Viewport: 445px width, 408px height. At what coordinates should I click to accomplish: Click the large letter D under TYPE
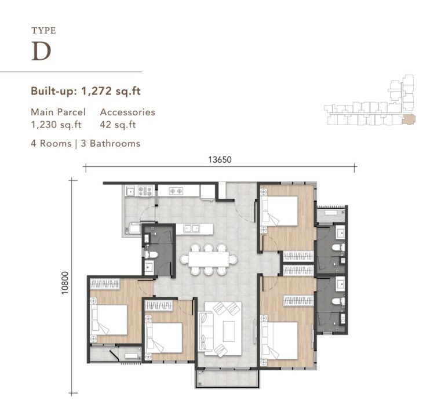click(x=41, y=52)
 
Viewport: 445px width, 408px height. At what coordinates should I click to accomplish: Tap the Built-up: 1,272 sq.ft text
click(x=86, y=91)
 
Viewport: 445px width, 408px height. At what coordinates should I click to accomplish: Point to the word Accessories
click(x=127, y=112)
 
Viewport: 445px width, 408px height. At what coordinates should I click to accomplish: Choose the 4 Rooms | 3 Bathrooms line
click(x=86, y=143)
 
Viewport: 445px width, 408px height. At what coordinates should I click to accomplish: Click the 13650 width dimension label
click(x=220, y=161)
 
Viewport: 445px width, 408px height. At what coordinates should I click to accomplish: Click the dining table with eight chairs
click(x=209, y=259)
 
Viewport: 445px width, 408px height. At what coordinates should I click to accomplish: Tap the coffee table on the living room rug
click(x=224, y=331)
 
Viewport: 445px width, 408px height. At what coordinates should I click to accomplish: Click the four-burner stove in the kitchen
click(x=145, y=190)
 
